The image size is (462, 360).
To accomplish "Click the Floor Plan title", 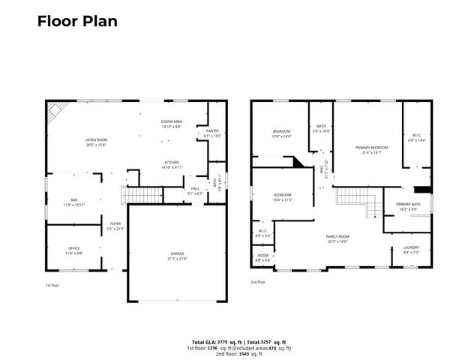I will [x=77, y=20].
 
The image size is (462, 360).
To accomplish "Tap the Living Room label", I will [x=95, y=139].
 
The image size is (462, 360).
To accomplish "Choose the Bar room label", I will [x=75, y=201].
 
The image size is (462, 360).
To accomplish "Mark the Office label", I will [x=73, y=248].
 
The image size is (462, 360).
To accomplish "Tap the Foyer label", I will [x=115, y=224].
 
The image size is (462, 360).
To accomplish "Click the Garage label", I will [x=177, y=254].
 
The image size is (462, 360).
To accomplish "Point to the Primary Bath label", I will [x=409, y=205].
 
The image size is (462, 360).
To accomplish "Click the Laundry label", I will [x=410, y=248].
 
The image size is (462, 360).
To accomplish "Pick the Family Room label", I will [x=337, y=238].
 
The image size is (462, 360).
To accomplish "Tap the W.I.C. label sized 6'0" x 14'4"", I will [x=416, y=136].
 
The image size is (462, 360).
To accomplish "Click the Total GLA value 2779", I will [x=220, y=340].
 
